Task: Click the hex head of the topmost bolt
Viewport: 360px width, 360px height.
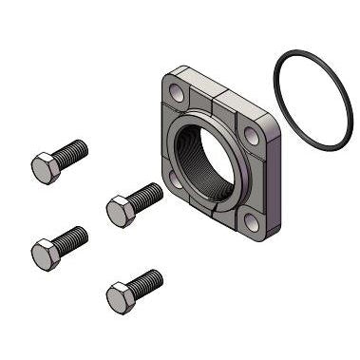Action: [x=45, y=169]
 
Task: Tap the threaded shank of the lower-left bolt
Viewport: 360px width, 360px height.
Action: [x=72, y=237]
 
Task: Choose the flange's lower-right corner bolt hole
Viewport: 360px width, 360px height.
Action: [x=248, y=223]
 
